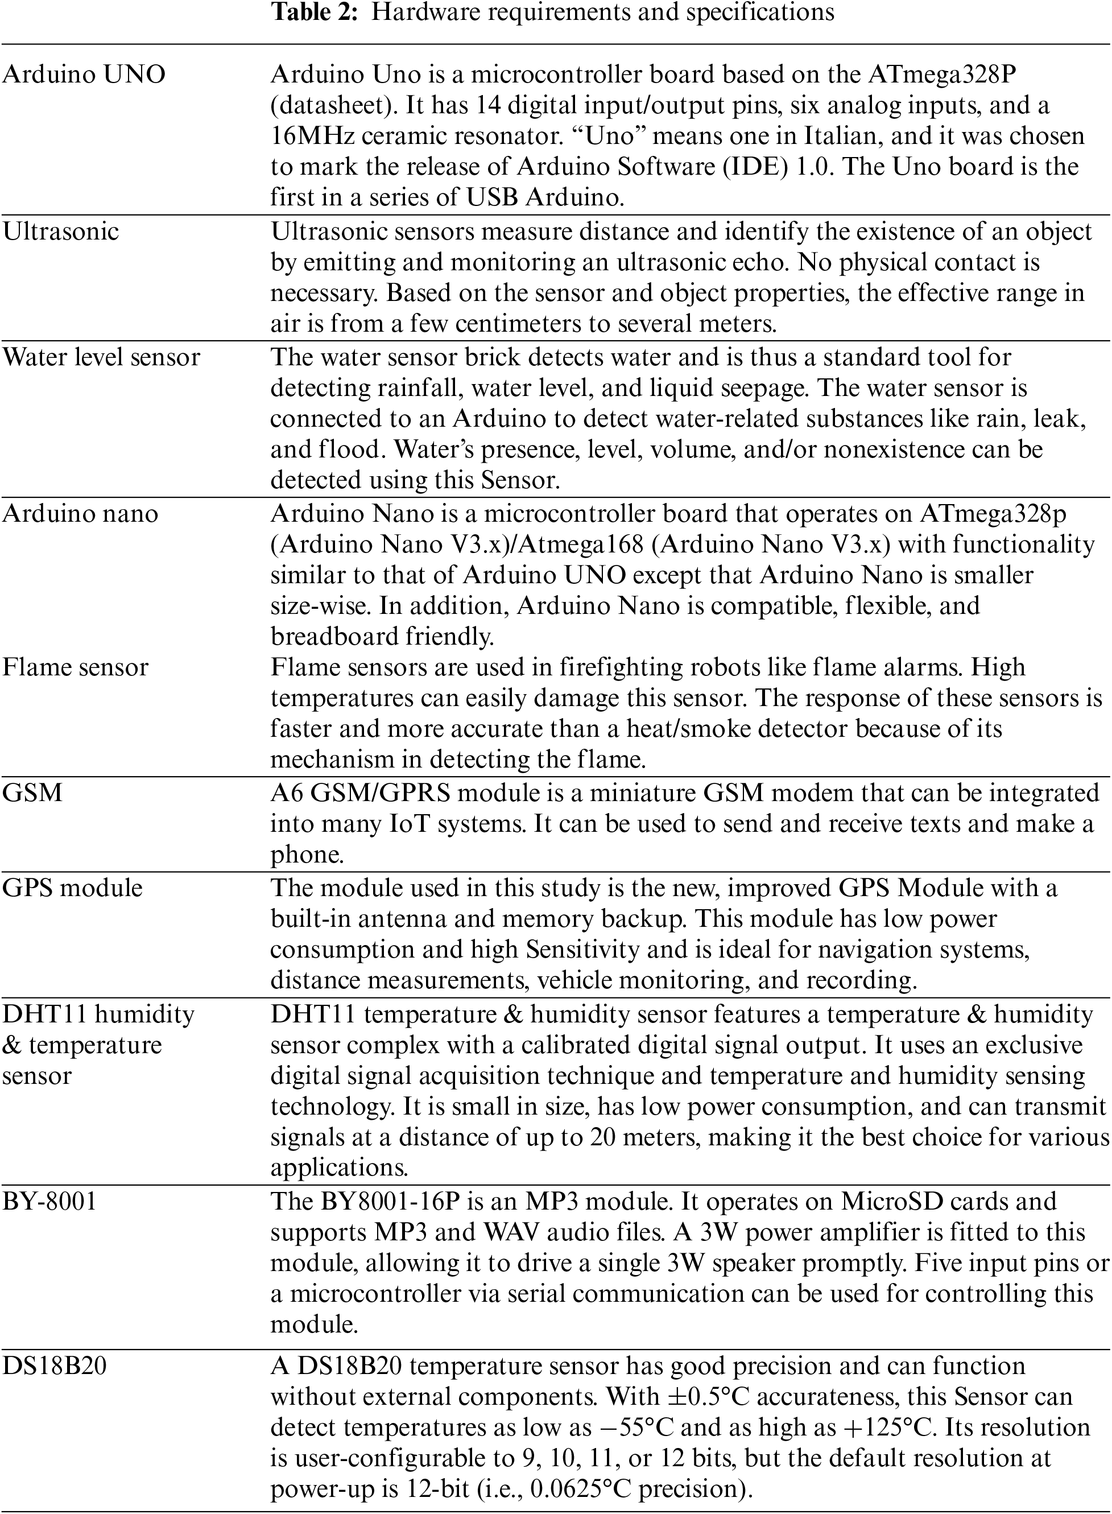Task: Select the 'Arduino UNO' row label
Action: coord(84,74)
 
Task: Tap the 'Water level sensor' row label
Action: coord(101,357)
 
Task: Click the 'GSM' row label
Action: coord(32,793)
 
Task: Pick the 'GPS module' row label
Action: coord(72,888)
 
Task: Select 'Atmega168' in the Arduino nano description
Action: coord(579,544)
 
